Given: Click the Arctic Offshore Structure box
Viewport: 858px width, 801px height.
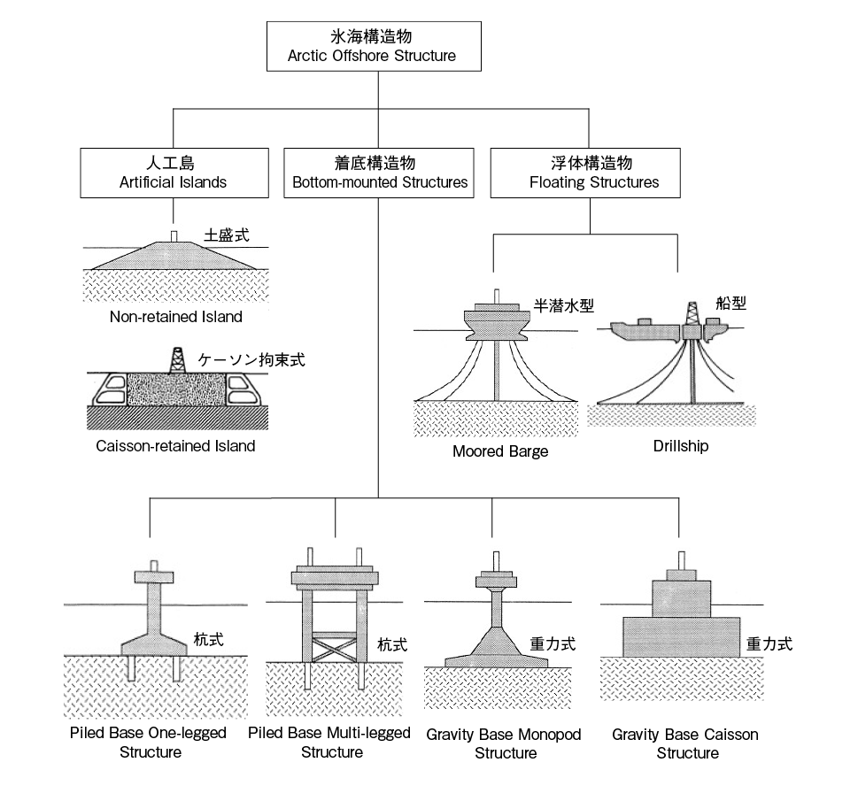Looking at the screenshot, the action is pos(374,47).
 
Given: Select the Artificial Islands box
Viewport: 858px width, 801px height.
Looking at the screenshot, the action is pos(174,173).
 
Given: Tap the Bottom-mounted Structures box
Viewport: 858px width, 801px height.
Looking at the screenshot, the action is pos(379,173).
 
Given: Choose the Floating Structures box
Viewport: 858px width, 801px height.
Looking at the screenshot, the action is pos(585,173).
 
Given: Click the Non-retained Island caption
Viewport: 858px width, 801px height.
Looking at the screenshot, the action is pos(175,317).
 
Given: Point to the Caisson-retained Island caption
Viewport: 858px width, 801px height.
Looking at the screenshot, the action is pos(175,446).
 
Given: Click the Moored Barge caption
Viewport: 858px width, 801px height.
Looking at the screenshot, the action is pos(500,451).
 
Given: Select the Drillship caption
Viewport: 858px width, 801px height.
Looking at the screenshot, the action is pos(681,446).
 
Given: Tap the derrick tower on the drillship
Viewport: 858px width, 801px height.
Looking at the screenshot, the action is pos(692,313).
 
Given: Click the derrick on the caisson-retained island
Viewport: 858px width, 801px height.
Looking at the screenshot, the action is pos(176,360).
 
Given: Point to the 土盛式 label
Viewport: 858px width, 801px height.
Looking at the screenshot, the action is pos(227,235).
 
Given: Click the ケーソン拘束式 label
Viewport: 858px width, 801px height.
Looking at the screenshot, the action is pos(251,359).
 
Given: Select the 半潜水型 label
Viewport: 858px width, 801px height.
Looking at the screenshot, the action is pos(564,305).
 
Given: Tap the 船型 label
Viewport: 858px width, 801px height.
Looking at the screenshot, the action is pos(730,303).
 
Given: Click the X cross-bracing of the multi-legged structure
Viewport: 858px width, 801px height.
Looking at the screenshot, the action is pos(335,647).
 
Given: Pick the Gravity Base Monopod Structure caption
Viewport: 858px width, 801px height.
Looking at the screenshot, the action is pos(504,743).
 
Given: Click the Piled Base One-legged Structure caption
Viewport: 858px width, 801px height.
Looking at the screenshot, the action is pos(148,743).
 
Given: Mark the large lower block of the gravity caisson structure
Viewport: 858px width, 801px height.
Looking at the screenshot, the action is pos(681,637).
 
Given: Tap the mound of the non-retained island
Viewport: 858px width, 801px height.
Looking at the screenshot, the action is pos(174,256).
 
